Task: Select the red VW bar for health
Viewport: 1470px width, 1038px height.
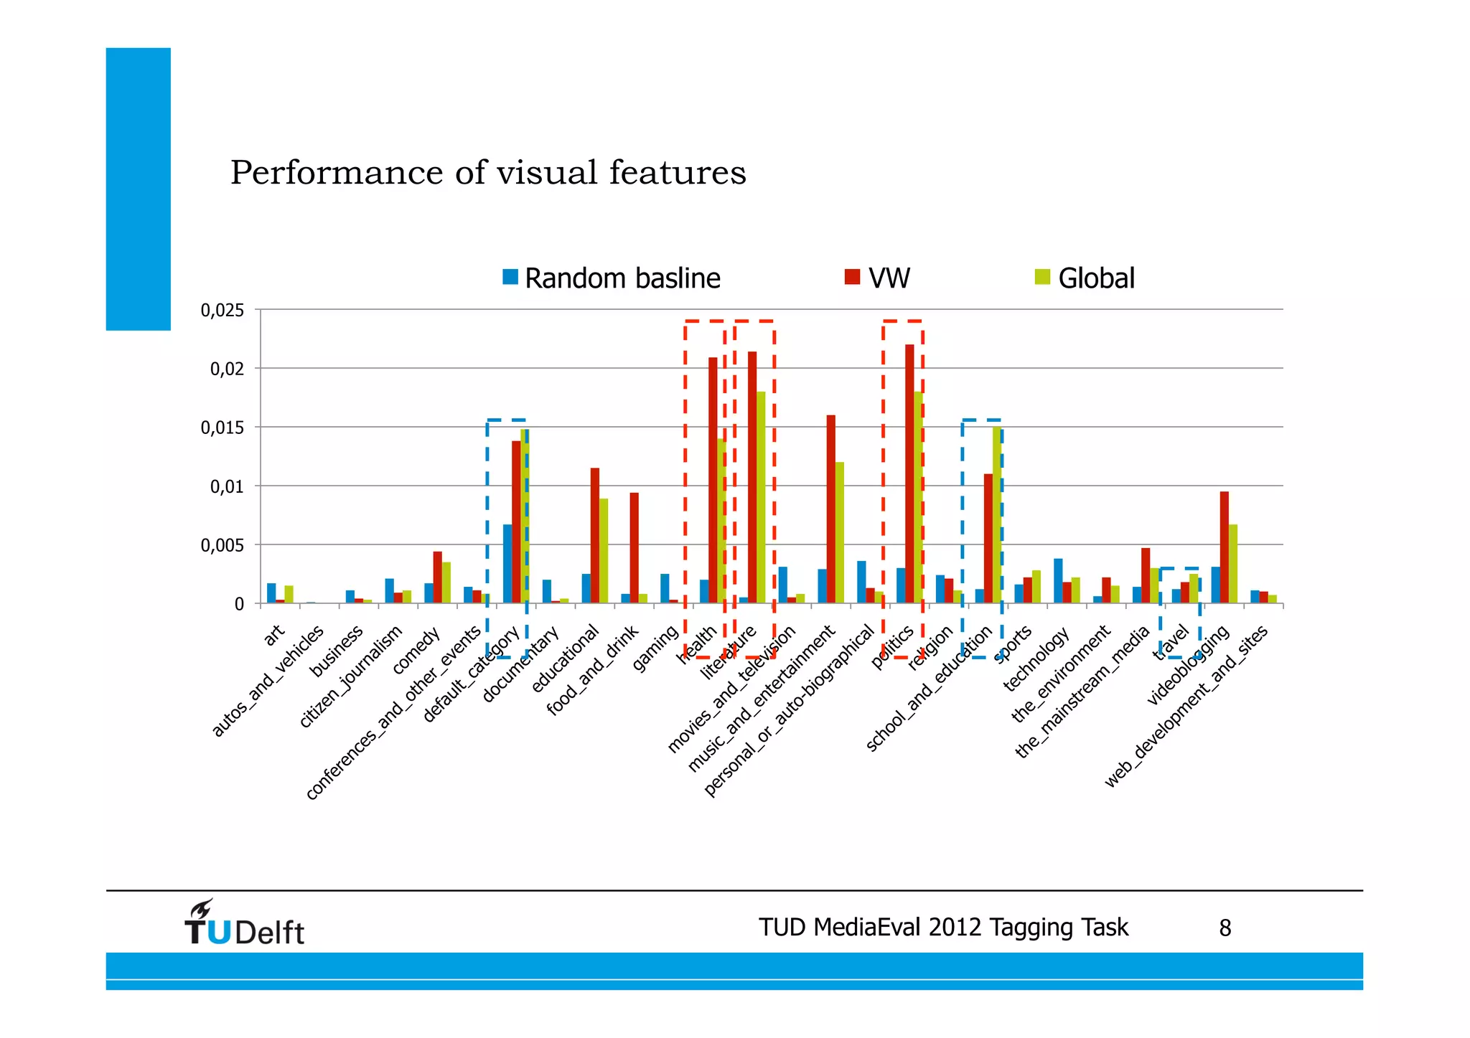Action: click(713, 481)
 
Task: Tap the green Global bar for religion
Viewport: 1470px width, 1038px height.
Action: click(958, 597)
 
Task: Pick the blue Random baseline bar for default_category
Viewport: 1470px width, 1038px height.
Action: click(507, 564)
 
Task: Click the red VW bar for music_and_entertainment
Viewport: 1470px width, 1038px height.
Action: click(830, 509)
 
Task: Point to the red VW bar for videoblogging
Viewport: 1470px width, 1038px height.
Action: click(1224, 547)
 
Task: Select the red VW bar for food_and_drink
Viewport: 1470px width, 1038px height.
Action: click(634, 548)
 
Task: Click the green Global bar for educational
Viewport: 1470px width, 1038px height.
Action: click(604, 551)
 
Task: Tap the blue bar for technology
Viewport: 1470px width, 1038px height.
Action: click(1058, 581)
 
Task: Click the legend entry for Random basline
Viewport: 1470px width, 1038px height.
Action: click(612, 278)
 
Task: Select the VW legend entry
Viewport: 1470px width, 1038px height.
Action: click(878, 278)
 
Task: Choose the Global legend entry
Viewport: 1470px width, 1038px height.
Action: click(1085, 278)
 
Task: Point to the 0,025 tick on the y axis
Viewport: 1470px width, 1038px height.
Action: click(223, 311)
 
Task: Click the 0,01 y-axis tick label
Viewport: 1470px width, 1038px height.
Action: click(227, 487)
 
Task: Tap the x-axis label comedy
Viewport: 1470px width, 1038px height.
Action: click(416, 650)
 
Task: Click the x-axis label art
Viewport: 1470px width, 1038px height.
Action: click(274, 635)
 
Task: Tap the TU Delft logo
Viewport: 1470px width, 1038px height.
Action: click(244, 924)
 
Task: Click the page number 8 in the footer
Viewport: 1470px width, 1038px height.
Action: click(1225, 928)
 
